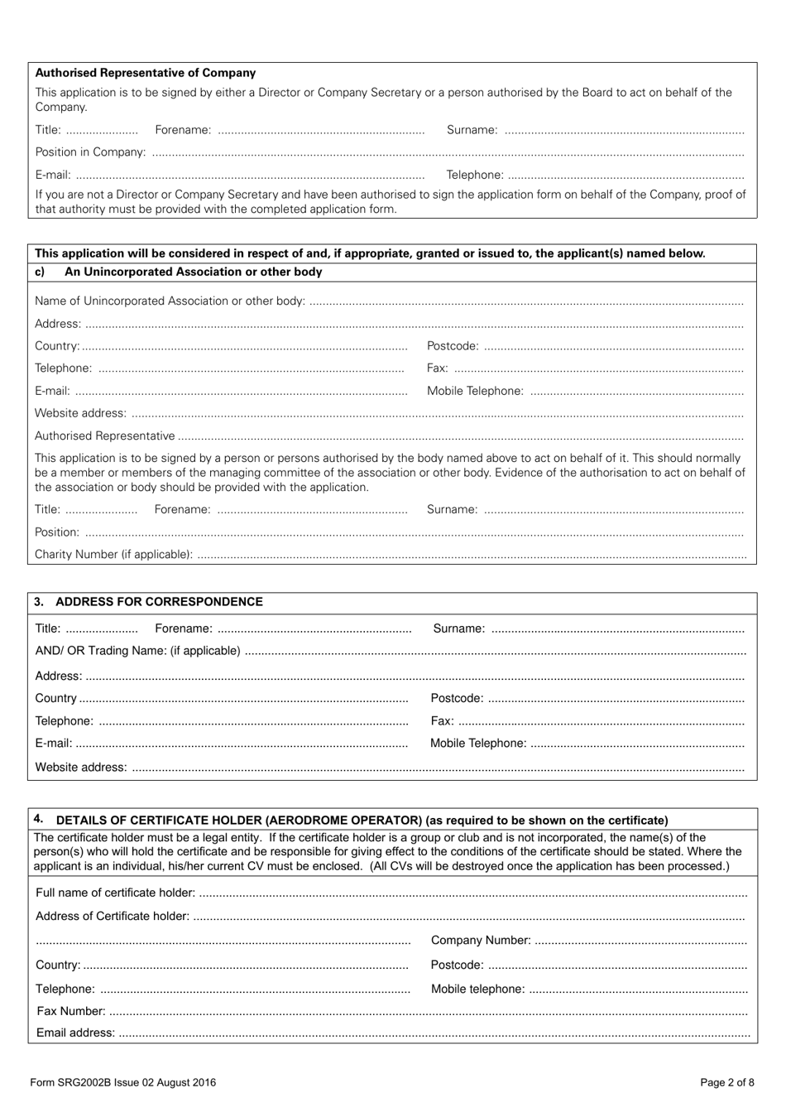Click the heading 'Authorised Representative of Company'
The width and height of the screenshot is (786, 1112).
(x=146, y=73)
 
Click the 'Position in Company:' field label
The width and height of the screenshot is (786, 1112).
(x=90, y=152)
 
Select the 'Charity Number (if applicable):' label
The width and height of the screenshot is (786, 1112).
(x=113, y=555)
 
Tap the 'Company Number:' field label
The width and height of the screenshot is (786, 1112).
(x=481, y=941)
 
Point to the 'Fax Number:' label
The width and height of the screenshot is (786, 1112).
(x=71, y=1011)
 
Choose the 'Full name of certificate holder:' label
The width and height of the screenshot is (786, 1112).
(x=116, y=893)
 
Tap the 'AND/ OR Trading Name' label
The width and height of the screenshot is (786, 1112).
(x=137, y=651)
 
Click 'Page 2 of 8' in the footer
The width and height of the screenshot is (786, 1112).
(x=727, y=1082)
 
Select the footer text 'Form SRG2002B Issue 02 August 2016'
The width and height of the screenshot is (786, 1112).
(x=122, y=1082)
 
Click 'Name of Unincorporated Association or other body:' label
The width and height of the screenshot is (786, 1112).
(x=170, y=301)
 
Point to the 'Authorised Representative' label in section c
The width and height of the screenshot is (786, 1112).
(x=105, y=436)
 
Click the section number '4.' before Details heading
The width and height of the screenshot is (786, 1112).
(x=39, y=819)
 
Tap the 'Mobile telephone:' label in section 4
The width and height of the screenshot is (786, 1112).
(x=477, y=989)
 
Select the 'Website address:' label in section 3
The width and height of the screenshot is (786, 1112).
(x=81, y=768)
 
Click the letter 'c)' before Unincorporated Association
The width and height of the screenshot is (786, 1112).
(x=40, y=272)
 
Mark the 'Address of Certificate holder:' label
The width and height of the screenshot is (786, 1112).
(x=113, y=917)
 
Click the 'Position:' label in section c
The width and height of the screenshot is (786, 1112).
(x=57, y=532)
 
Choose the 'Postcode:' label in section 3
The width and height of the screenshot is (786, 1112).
(x=457, y=699)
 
